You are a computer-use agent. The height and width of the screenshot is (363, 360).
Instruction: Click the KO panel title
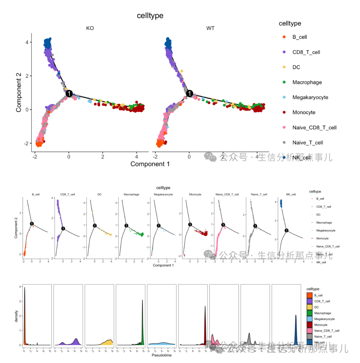coord(90,28)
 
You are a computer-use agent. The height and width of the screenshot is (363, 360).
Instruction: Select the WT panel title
coord(210,28)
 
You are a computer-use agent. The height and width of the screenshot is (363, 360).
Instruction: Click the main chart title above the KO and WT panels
coord(150,16)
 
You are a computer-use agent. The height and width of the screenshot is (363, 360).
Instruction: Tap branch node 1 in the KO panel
coord(69,94)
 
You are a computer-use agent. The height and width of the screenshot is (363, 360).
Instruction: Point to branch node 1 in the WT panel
coord(189,94)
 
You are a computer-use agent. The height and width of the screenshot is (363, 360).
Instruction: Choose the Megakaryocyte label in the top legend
coord(310,97)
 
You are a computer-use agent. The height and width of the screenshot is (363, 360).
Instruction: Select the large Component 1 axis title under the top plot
coord(150,164)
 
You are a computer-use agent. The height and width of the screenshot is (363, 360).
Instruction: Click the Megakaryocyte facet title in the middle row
coord(163,194)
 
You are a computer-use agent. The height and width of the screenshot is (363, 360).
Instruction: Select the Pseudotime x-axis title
coord(160,356)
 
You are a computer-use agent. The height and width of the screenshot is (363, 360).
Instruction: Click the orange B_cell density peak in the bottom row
coord(24,290)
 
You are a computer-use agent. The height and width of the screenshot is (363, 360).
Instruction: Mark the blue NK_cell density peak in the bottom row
coord(296,316)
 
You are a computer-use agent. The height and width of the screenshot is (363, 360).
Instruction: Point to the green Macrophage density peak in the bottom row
coord(143,301)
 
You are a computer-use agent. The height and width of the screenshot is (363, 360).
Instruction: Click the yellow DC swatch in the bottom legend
coord(310,307)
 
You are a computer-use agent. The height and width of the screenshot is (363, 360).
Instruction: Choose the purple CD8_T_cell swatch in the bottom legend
coord(310,301)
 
